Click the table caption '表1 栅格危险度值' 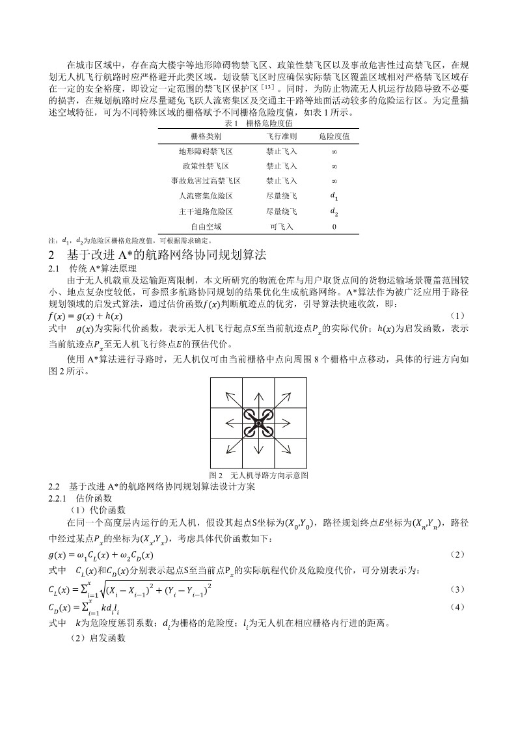pyautogui.click(x=258, y=124)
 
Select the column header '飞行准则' pyautogui.click(x=281, y=137)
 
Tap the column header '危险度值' pyautogui.click(x=334, y=137)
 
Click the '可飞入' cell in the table pyautogui.click(x=281, y=226)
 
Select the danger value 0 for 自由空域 pyautogui.click(x=334, y=226)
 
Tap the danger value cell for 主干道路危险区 pyautogui.click(x=334, y=211)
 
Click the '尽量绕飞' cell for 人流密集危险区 pyautogui.click(x=281, y=196)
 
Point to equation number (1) pyautogui.click(x=458, y=316)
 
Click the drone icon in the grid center pyautogui.click(x=258, y=424)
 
